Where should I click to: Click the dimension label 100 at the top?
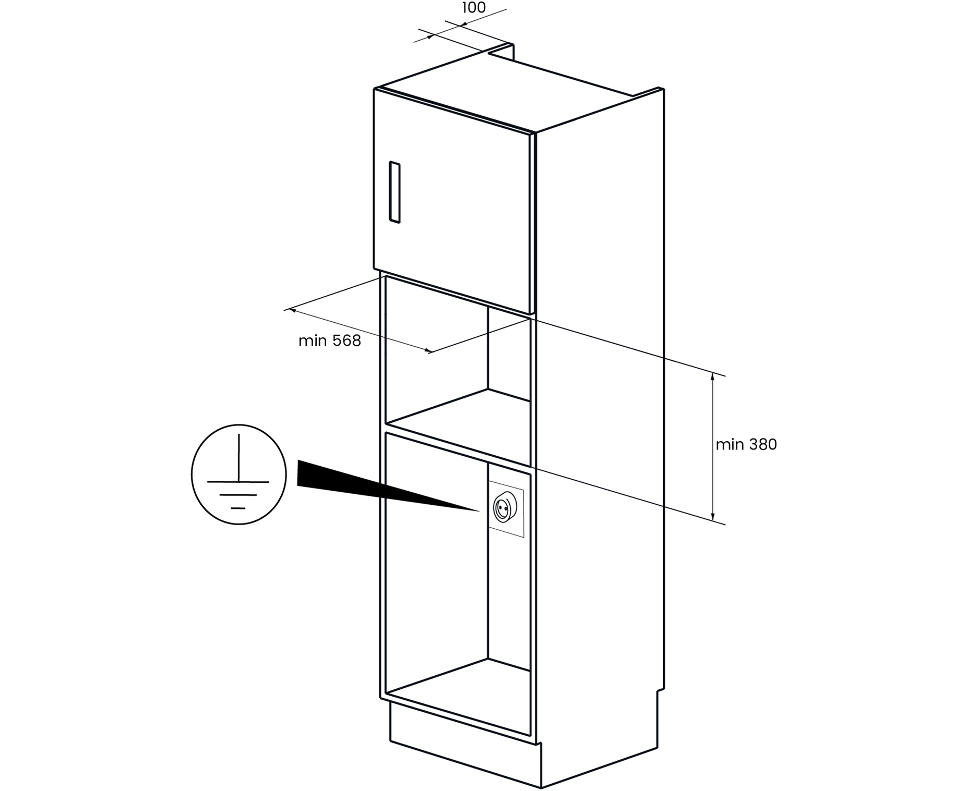pyautogui.click(x=473, y=8)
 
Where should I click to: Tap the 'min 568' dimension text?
pyautogui.click(x=329, y=341)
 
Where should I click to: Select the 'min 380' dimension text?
pyautogui.click(x=746, y=445)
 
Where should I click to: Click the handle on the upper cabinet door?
pyautogui.click(x=395, y=192)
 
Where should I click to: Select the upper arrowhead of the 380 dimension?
pyautogui.click(x=713, y=376)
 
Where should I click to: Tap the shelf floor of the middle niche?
pyautogui.click(x=459, y=417)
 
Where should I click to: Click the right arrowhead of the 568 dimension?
pyautogui.click(x=429, y=351)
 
